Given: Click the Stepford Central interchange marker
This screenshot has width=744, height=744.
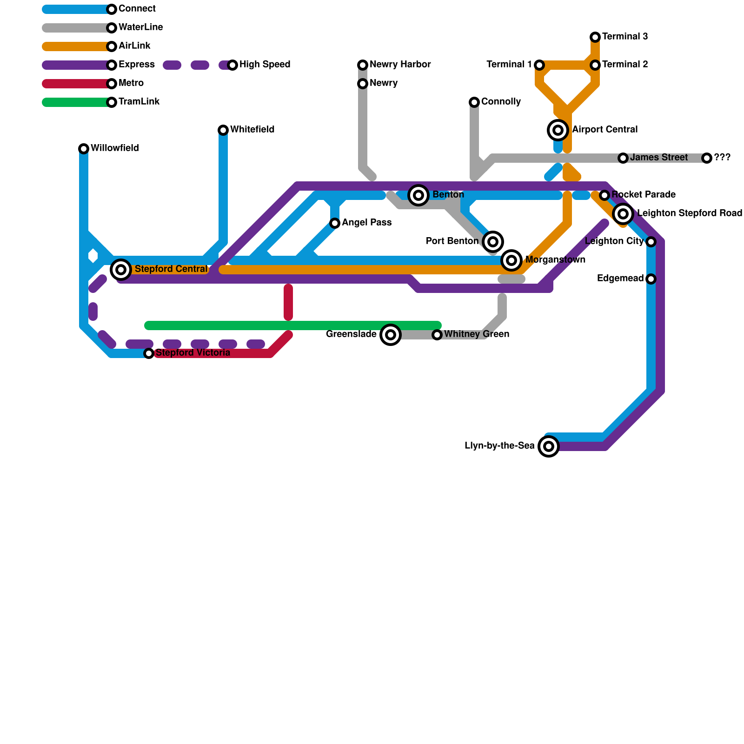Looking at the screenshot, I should pyautogui.click(x=121, y=269).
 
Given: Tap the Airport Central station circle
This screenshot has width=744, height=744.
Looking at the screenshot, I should pyautogui.click(x=558, y=130).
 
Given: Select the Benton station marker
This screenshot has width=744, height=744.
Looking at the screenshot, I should pyautogui.click(x=418, y=195).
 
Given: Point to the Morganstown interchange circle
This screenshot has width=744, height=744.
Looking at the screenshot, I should pyautogui.click(x=511, y=260).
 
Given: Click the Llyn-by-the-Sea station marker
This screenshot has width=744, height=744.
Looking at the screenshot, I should pyautogui.click(x=549, y=446).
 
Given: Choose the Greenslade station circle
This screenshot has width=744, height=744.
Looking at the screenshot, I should pyautogui.click(x=391, y=335).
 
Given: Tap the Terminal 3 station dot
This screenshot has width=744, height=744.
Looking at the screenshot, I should pyautogui.click(x=595, y=37).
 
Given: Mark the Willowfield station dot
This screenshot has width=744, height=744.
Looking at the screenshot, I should pyautogui.click(x=84, y=149).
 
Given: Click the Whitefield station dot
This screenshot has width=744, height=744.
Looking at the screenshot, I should pyautogui.click(x=223, y=130).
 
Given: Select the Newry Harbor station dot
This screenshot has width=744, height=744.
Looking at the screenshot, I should pyautogui.click(x=363, y=65).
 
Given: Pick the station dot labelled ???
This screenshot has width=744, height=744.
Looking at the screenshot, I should pyautogui.click(x=707, y=158).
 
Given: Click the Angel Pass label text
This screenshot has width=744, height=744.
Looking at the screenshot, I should pyautogui.click(x=366, y=223).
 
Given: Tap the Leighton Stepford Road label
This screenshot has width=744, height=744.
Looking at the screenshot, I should pyautogui.click(x=689, y=213).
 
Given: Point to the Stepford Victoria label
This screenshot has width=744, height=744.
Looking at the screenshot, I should pyautogui.click(x=193, y=353).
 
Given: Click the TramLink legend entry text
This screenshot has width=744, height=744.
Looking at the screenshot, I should pyautogui.click(x=139, y=102).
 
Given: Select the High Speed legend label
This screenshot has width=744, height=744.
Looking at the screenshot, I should pyautogui.click(x=265, y=65).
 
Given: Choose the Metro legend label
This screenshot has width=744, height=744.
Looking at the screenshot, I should pyautogui.click(x=131, y=83).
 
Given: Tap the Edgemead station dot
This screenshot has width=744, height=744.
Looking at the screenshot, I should pyautogui.click(x=651, y=279).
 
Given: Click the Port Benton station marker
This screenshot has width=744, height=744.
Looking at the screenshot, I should pyautogui.click(x=493, y=242).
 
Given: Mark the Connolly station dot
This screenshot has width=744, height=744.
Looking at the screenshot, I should pyautogui.click(x=474, y=102).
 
